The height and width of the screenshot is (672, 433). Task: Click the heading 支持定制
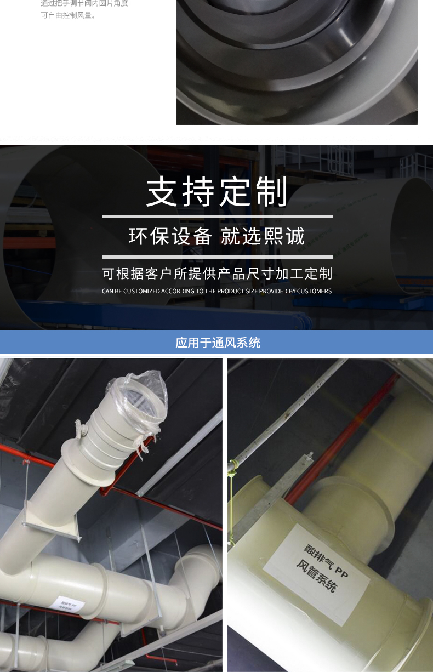tap(217, 192)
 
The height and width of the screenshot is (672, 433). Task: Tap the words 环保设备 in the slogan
tap(170, 236)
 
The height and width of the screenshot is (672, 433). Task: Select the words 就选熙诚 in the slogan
tap(263, 236)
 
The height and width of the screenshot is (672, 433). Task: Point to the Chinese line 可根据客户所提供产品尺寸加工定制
tap(217, 274)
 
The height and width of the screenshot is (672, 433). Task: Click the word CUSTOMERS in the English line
tap(314, 291)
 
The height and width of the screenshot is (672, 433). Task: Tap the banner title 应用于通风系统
tap(218, 343)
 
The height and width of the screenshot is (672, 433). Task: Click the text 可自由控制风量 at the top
tap(68, 15)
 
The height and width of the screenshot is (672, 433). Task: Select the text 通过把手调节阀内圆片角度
tap(84, 3)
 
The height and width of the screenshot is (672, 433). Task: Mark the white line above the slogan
tap(217, 217)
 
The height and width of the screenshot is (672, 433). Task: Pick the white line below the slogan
tap(217, 257)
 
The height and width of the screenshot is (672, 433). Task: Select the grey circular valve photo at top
tap(297, 62)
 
